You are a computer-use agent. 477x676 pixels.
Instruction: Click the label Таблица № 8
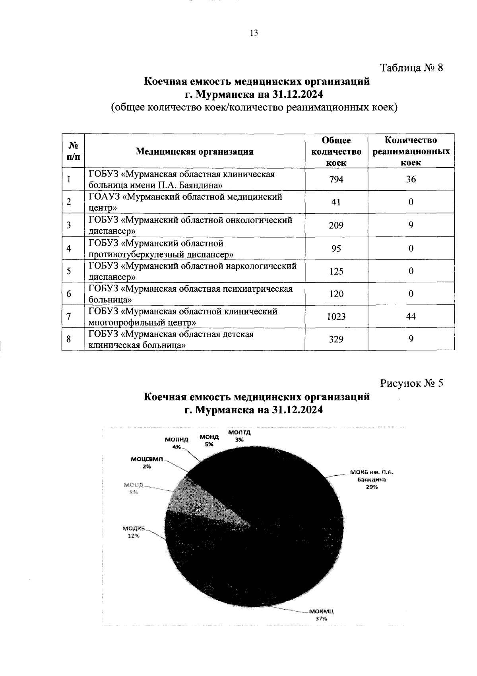412,67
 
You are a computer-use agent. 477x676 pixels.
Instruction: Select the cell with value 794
336,179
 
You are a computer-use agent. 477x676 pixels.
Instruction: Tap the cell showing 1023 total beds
336,317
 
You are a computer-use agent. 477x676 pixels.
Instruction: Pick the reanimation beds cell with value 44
411,316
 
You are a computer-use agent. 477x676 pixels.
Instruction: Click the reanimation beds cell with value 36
411,179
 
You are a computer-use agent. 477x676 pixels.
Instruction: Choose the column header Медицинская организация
194,151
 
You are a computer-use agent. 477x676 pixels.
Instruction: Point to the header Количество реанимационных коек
411,151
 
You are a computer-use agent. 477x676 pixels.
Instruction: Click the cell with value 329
336,339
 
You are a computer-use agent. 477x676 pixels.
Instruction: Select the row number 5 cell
69,271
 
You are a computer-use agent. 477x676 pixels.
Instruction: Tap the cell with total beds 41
336,202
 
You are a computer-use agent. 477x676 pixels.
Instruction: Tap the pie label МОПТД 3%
239,436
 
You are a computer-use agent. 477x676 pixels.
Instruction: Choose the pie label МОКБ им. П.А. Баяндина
372,480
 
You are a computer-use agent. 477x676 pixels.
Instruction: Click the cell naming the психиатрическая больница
194,294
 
